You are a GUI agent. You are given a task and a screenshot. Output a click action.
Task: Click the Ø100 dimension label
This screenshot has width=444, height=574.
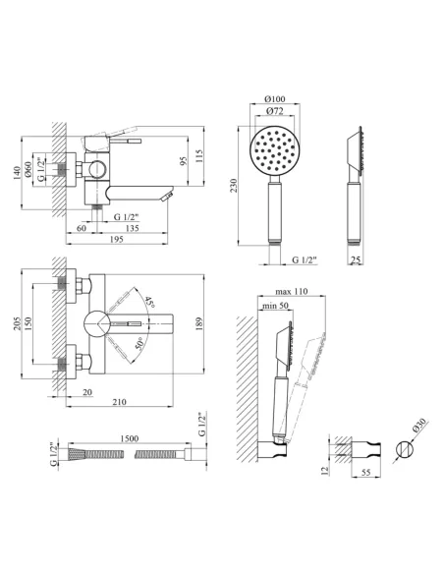[x=275, y=99]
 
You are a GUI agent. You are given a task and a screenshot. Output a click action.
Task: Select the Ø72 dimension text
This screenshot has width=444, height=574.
[x=275, y=111]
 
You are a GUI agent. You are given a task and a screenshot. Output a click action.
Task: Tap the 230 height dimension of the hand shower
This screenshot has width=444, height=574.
[x=234, y=185]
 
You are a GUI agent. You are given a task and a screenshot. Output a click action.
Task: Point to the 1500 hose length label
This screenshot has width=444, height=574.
[x=129, y=438]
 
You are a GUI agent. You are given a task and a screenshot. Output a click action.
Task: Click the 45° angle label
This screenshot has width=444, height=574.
[x=149, y=302]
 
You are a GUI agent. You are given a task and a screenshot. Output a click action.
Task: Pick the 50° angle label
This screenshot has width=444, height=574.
[x=139, y=345]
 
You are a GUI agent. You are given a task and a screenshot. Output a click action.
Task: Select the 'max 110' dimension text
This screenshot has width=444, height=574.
[x=292, y=291]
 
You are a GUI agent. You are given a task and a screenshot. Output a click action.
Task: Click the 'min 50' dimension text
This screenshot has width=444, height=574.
[x=275, y=306]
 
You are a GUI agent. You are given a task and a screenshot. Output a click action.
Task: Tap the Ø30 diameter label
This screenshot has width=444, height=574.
[x=419, y=427]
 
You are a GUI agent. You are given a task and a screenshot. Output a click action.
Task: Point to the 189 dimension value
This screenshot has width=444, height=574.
[x=199, y=323]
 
